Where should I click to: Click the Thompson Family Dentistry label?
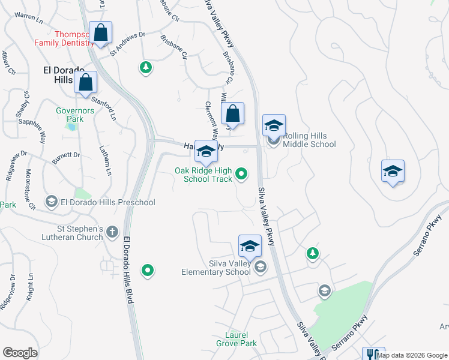63,39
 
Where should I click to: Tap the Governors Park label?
75,115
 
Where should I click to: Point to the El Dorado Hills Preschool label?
107,202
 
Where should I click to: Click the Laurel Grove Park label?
237,339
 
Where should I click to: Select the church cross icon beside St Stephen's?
112,232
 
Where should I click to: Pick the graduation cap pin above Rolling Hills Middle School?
274,125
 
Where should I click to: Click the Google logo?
20,353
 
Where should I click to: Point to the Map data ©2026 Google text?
412,355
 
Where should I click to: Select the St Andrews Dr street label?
128,43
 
